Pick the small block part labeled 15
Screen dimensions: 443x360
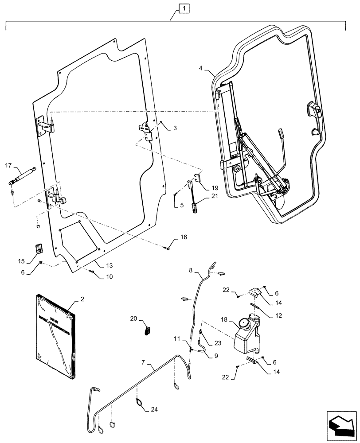click(x=38, y=248)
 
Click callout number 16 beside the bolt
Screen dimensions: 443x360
click(x=184, y=238)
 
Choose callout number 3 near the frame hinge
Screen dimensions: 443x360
click(x=175, y=128)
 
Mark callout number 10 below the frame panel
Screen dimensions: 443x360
click(x=109, y=277)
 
